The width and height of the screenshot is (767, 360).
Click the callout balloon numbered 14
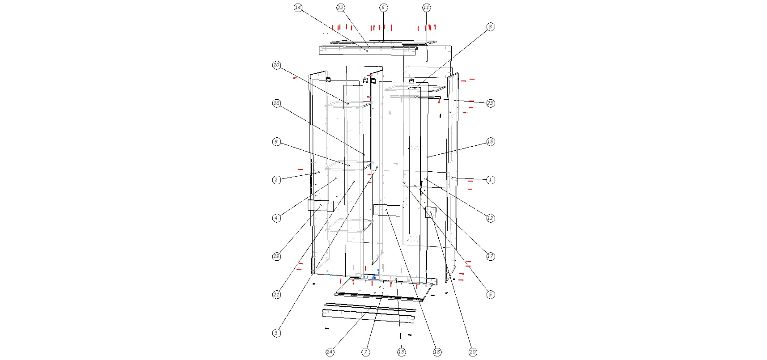click(298, 8)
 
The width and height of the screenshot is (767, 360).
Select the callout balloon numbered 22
click(340, 8)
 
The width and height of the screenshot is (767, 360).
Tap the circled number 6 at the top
click(383, 8)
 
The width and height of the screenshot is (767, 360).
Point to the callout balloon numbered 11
click(426, 8)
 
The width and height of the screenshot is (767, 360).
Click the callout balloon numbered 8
click(490, 27)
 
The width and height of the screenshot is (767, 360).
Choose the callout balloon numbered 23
click(490, 103)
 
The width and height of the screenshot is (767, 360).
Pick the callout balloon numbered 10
click(276, 65)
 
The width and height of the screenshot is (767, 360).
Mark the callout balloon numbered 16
click(276, 104)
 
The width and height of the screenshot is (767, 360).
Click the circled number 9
click(276, 142)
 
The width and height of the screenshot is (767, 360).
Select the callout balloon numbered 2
click(276, 180)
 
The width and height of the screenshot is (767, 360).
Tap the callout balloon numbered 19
click(276, 256)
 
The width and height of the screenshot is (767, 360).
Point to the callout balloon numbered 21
click(276, 294)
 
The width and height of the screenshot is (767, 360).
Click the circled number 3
click(276, 333)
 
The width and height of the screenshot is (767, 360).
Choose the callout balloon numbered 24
click(330, 352)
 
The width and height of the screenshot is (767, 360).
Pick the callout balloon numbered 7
click(365, 352)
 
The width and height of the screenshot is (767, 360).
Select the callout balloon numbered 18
click(437, 352)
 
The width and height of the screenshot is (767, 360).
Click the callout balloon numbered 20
click(473, 352)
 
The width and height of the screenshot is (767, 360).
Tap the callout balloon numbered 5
click(490, 294)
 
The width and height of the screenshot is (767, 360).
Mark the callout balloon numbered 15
click(490, 142)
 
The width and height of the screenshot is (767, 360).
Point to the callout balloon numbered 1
click(490, 180)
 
